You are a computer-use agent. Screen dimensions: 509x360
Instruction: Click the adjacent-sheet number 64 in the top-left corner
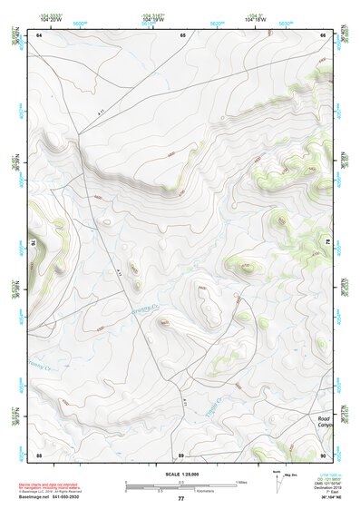tap(39, 34)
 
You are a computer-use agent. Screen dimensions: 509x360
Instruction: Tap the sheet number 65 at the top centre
tap(182, 34)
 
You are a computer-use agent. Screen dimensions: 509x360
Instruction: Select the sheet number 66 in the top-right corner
tap(323, 34)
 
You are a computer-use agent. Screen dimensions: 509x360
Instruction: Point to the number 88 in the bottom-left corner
tap(39, 455)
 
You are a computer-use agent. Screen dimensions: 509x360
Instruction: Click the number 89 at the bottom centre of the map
tap(181, 455)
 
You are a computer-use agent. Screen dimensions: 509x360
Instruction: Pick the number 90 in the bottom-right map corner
tap(323, 455)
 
